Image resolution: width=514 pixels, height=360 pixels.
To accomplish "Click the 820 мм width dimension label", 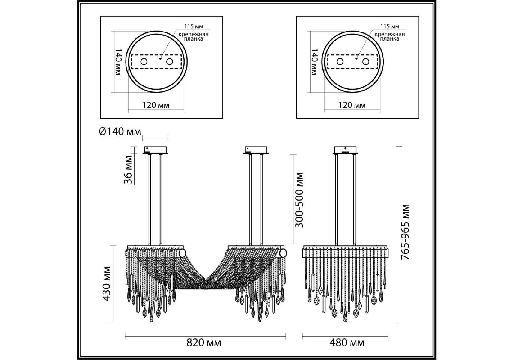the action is point(204,343).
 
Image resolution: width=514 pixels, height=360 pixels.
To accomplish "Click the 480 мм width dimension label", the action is point(347,343).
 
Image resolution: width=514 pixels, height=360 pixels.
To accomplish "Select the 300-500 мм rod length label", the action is point(299,200).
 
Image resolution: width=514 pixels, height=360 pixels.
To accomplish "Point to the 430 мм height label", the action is point(107,283).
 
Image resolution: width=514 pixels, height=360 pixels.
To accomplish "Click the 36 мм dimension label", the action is point(128,170).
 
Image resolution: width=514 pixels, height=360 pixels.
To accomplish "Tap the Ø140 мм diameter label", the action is point(120,131).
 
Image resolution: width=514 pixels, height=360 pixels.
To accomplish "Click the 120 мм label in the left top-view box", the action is point(156,105).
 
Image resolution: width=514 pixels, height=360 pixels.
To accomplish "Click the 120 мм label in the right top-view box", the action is point(352,105).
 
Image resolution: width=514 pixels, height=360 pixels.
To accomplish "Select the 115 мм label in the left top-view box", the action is point(193,27).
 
